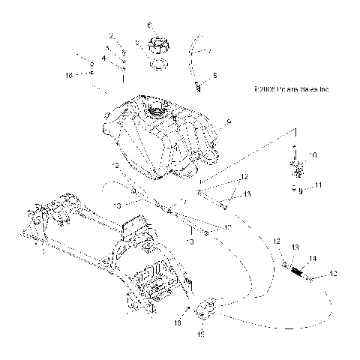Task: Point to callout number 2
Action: (112, 35)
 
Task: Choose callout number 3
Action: (107, 47)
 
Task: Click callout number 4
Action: (104, 57)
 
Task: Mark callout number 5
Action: (214, 76)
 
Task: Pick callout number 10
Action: (313, 155)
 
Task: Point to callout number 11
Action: (318, 184)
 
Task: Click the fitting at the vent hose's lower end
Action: (197, 85)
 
